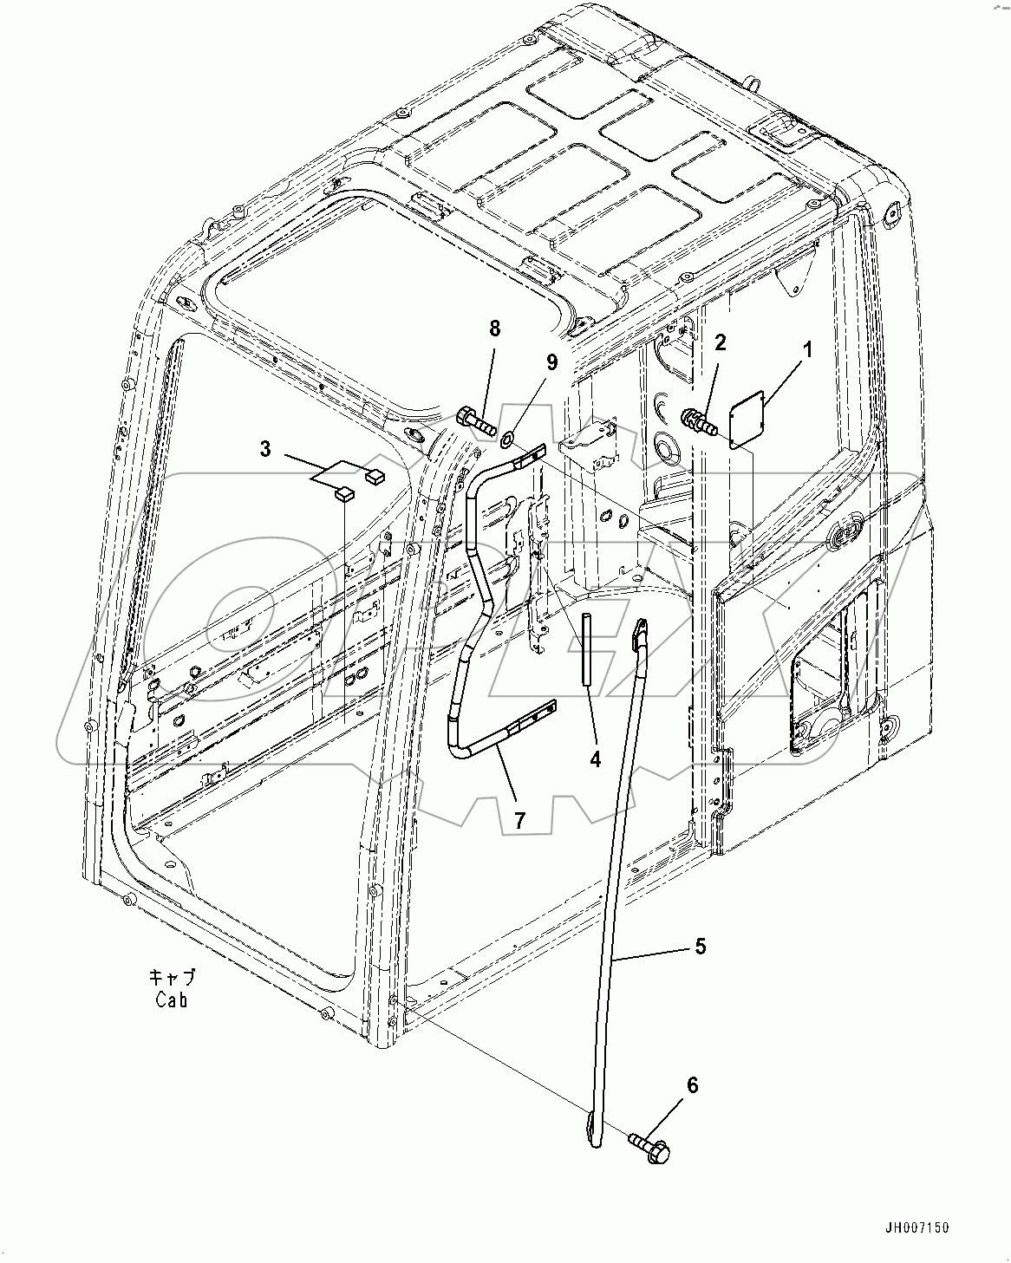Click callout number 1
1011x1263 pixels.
tap(807, 352)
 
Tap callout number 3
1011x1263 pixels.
tap(265, 449)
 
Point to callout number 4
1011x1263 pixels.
tap(595, 759)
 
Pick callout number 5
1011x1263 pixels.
tap(700, 946)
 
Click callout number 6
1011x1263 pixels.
tap(692, 1085)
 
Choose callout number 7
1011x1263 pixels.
tap(519, 820)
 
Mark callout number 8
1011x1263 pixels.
tap(494, 329)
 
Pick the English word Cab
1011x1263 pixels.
tap(172, 999)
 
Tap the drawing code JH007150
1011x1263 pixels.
tap(917, 1228)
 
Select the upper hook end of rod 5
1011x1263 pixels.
tap(642, 630)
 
